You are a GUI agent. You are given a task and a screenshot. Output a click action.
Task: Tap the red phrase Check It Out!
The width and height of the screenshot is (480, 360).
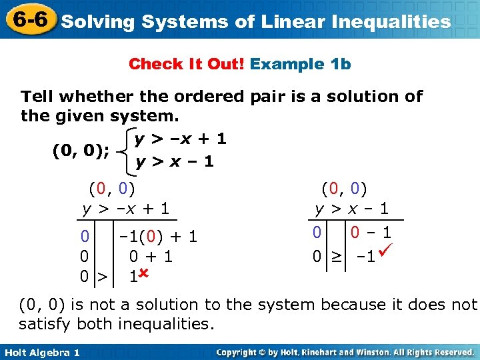click(x=187, y=64)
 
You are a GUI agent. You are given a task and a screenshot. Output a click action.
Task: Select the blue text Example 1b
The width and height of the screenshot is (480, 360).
click(x=301, y=64)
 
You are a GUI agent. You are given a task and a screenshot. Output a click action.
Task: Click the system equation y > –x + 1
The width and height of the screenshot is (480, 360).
click(x=180, y=139)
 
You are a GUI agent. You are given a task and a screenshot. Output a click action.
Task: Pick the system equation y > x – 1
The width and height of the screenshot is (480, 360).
click(x=174, y=161)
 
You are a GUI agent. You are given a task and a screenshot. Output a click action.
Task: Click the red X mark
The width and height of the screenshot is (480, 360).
click(x=143, y=273)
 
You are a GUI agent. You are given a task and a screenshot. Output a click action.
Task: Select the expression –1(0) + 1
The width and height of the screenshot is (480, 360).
click(x=157, y=236)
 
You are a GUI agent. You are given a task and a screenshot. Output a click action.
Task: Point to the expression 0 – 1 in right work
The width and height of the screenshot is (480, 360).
click(x=369, y=233)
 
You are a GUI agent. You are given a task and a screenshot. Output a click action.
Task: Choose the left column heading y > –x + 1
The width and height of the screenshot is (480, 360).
click(x=126, y=209)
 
